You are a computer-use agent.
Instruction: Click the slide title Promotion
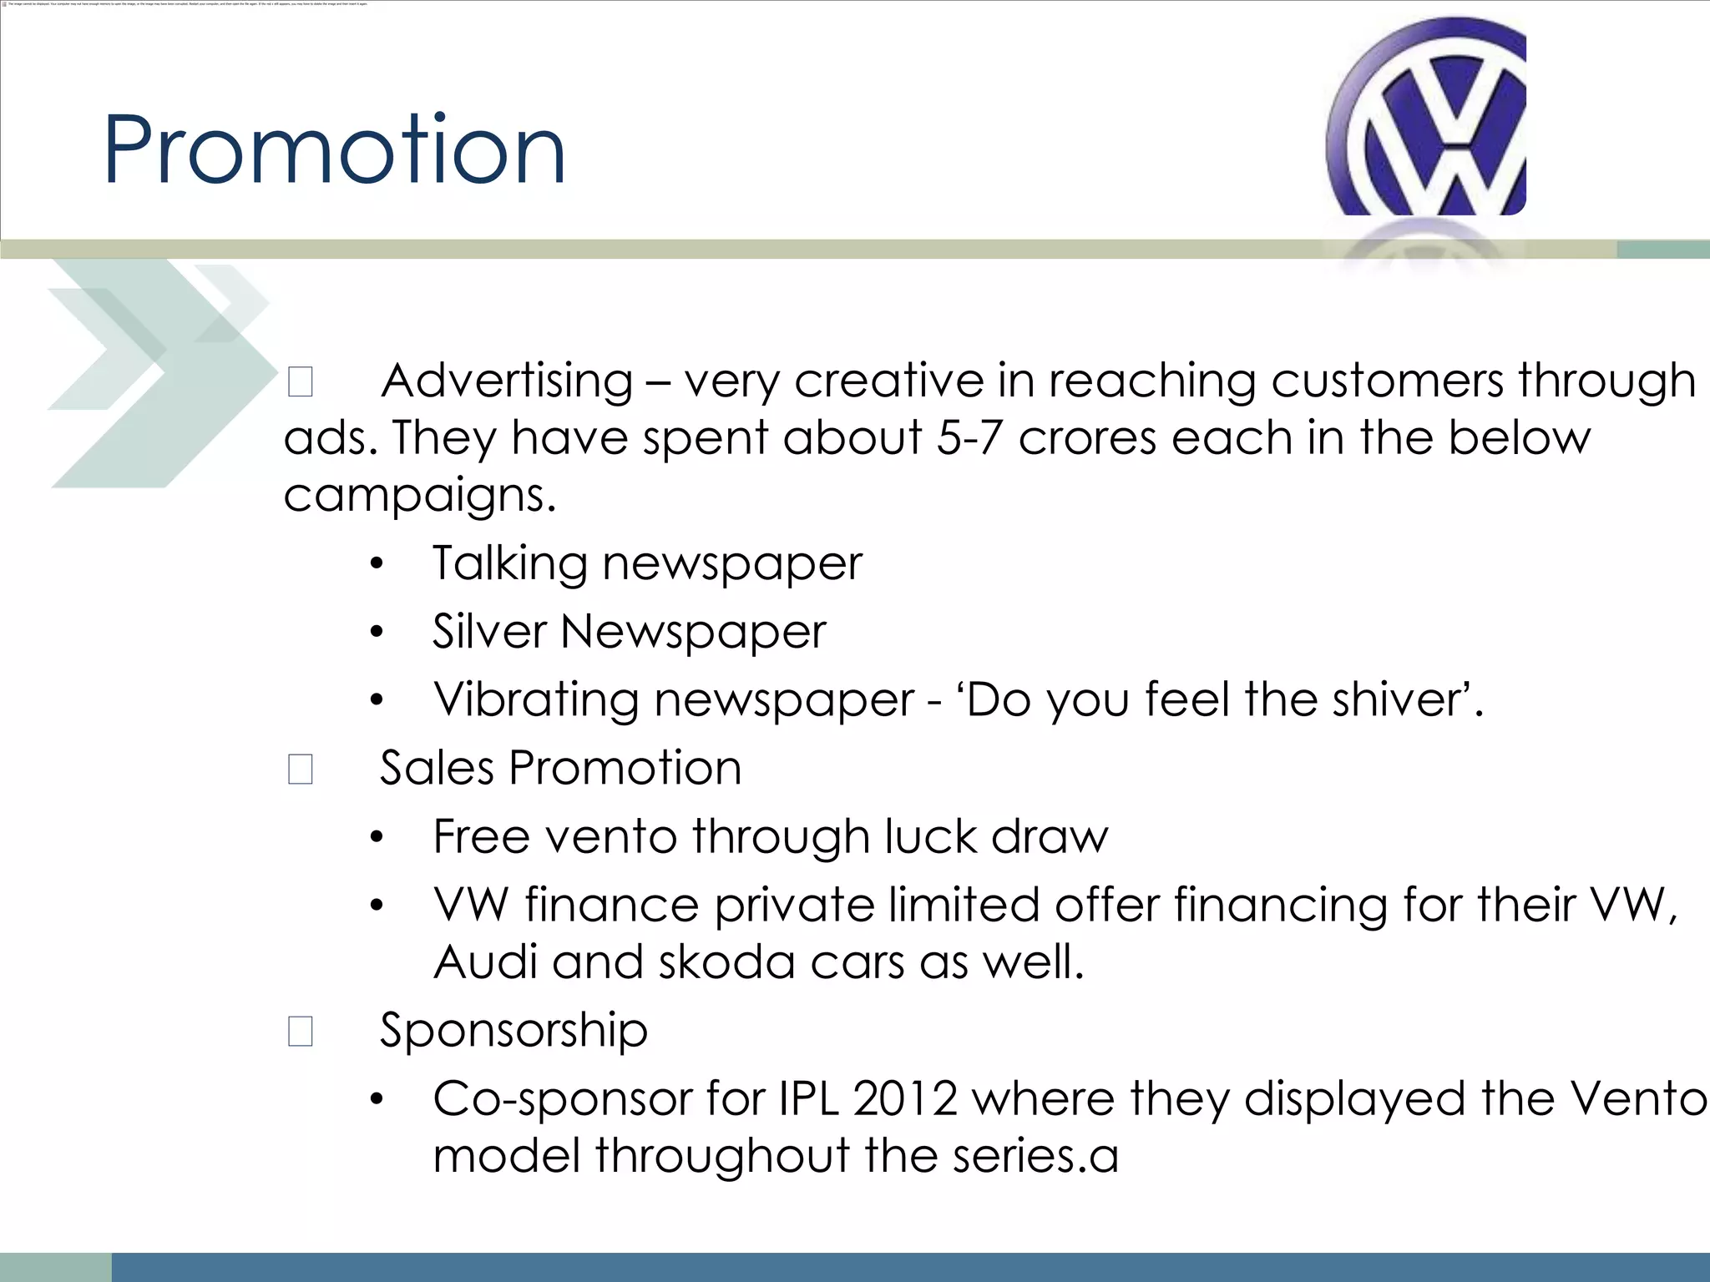click(x=334, y=150)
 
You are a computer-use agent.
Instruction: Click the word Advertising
click(x=507, y=381)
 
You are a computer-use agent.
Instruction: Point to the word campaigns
click(x=419, y=497)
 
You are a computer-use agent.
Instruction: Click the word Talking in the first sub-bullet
click(x=509, y=564)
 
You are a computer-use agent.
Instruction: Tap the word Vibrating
click(x=536, y=699)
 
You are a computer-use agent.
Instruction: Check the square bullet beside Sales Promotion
click(x=301, y=769)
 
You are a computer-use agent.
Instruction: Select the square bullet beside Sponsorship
click(x=301, y=1031)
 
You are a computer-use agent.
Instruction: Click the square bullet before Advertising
click(x=301, y=381)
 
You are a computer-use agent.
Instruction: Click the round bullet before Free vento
click(x=377, y=837)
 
